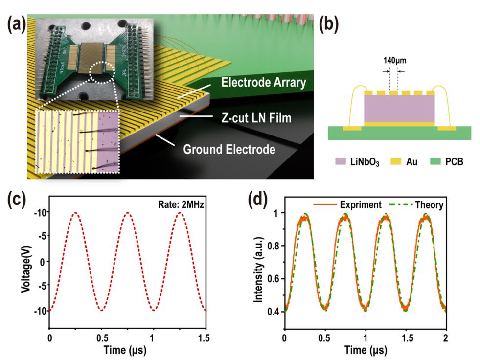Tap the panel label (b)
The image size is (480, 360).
(329, 23)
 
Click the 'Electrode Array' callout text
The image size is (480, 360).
(264, 82)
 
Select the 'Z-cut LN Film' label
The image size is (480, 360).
(256, 118)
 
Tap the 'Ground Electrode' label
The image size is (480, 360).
(229, 149)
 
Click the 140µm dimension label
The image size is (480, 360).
(394, 60)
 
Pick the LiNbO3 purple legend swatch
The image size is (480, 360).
(341, 161)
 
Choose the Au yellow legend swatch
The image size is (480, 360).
(396, 161)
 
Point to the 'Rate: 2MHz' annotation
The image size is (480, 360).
(181, 204)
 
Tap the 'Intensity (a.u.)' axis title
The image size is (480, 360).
(258, 270)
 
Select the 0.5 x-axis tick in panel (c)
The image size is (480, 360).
(102, 338)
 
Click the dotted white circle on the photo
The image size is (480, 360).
(101, 72)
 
